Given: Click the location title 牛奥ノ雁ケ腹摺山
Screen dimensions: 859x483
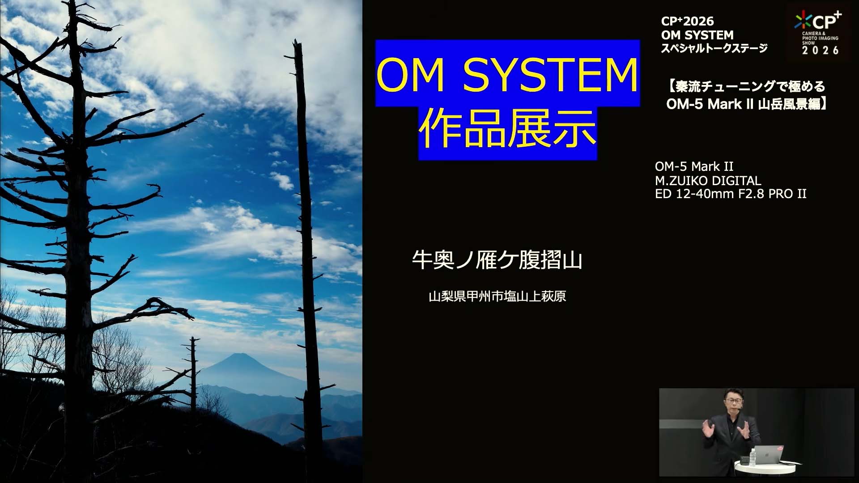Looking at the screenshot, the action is tap(497, 260).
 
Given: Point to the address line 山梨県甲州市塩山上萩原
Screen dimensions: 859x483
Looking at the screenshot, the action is tap(497, 296).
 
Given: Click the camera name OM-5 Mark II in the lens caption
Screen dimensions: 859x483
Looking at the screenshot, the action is tap(694, 166).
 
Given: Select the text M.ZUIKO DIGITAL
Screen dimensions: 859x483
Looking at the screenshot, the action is tap(708, 181).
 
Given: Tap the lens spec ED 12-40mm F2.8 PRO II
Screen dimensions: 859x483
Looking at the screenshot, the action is tap(731, 194).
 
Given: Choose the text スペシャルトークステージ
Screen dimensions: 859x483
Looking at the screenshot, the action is tap(714, 48).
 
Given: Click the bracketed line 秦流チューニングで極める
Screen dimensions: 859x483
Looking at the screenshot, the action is tap(746, 86).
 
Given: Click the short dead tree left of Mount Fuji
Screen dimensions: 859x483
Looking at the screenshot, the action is tap(193, 376).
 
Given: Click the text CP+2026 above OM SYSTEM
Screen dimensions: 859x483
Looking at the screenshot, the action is tap(687, 21).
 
